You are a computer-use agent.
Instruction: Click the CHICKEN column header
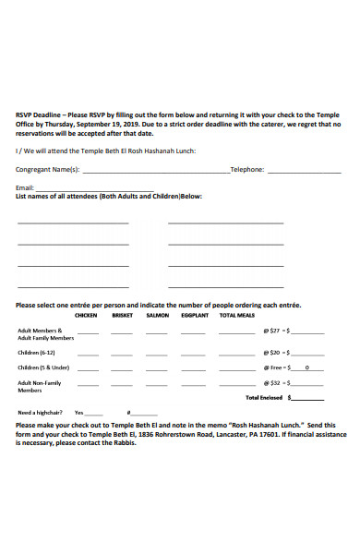pos(86,315)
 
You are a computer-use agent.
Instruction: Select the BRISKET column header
pos(122,315)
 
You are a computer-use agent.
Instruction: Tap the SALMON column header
pos(157,315)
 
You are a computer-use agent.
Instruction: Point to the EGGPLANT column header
pos(194,315)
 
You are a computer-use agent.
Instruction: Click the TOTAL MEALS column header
pos(235,315)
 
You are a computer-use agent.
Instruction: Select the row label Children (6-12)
pos(37,352)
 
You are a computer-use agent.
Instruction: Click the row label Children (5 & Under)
pos(43,367)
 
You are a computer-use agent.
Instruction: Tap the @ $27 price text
pos(271,330)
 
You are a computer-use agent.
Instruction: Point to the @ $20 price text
pos(271,352)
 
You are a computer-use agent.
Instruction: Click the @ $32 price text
pos(271,382)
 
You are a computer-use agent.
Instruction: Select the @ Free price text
pos(272,367)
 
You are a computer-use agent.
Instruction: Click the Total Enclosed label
pos(265,397)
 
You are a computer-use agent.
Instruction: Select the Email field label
pos(25,187)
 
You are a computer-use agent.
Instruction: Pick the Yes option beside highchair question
pos(78,412)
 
